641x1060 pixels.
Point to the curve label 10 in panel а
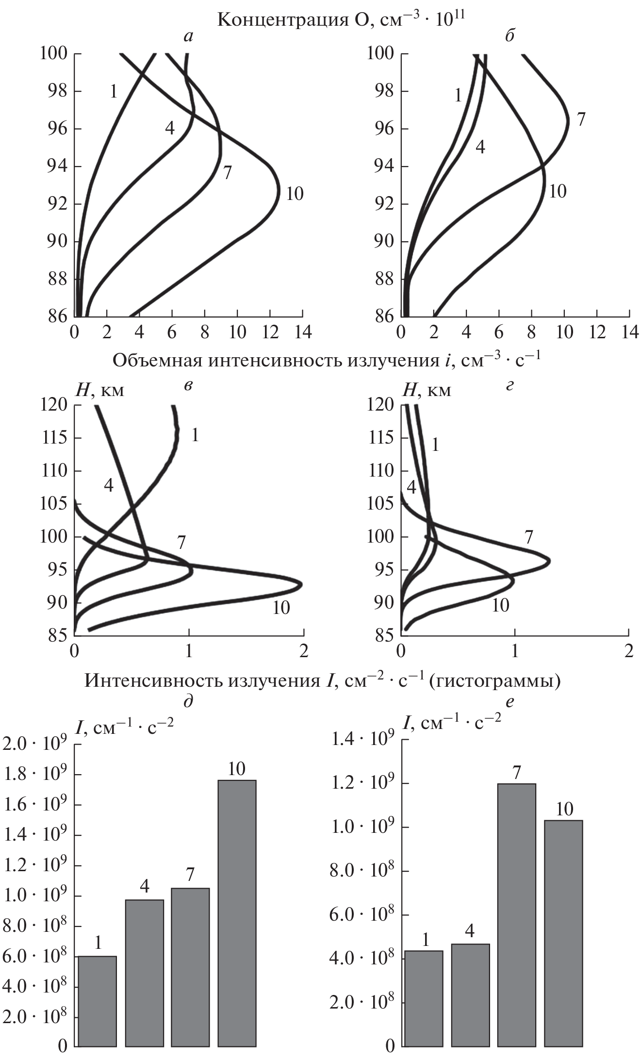tap(294, 194)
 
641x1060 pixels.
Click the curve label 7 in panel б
tap(581, 119)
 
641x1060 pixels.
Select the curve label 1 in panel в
tap(195, 435)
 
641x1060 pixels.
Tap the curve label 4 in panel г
tap(411, 487)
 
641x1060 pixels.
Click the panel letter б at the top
tap(510, 36)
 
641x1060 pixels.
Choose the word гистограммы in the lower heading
tap(495, 681)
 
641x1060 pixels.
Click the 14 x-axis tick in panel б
tap(629, 332)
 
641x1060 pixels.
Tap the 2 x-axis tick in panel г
tap(629, 651)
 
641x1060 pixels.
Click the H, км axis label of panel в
tap(99, 390)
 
